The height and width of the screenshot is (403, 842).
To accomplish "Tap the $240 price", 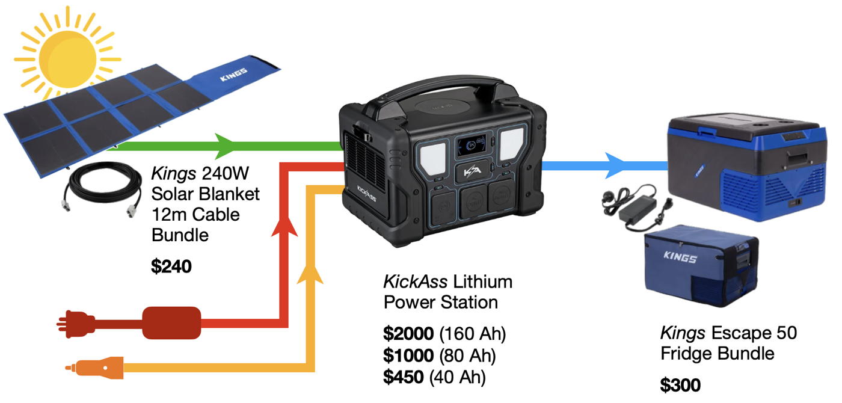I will [171, 266].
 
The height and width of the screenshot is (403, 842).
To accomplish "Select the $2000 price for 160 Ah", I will [409, 334].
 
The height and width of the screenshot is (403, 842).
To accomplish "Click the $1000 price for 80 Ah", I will [409, 355].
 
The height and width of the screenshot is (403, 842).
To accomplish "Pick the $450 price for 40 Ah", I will [404, 377].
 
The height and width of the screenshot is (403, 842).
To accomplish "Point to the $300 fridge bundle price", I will [680, 384].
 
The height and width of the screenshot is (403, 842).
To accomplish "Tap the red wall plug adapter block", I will [171, 322].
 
